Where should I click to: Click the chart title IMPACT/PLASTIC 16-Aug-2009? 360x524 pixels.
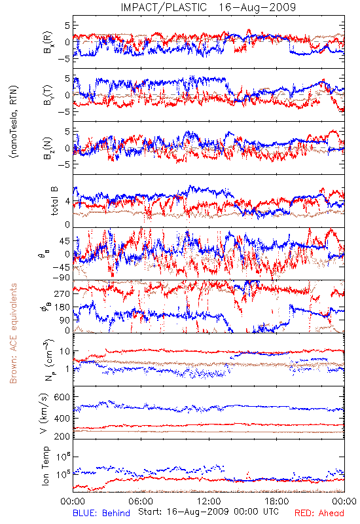click(x=208, y=7)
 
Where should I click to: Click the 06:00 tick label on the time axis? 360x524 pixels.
click(x=141, y=501)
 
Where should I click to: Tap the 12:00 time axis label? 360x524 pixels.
click(x=209, y=501)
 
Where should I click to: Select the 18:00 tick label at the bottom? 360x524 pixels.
click(x=277, y=501)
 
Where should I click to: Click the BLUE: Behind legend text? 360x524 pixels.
click(x=101, y=513)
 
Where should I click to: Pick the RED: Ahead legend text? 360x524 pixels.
click(x=319, y=513)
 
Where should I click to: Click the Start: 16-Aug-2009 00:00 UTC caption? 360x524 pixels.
click(x=208, y=512)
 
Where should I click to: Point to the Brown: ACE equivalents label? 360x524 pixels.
click(x=13, y=333)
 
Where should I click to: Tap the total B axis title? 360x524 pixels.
click(x=54, y=201)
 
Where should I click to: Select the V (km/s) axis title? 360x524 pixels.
click(x=44, y=414)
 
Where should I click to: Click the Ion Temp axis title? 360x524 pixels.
click(x=45, y=466)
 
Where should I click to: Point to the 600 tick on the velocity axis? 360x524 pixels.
click(x=62, y=398)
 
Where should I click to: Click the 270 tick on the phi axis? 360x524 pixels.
click(x=62, y=293)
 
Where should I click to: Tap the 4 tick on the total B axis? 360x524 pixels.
click(x=68, y=202)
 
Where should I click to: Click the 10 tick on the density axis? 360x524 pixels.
click(x=65, y=352)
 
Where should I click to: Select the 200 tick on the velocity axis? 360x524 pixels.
click(x=62, y=436)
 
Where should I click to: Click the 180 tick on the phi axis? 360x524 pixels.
click(x=62, y=307)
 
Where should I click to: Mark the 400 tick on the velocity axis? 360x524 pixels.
click(x=62, y=419)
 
